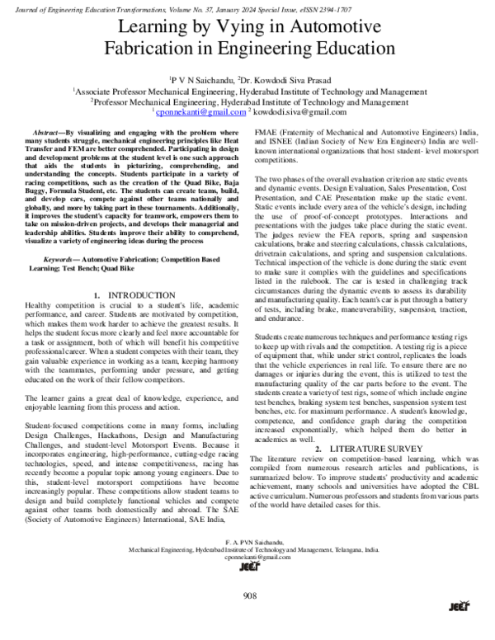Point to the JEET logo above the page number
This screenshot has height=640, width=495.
[247, 568]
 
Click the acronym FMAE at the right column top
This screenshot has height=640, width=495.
[269, 132]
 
